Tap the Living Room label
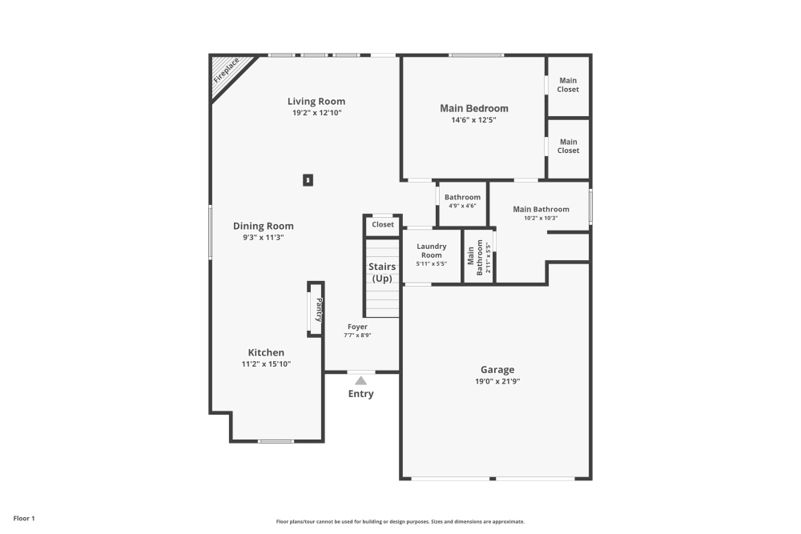(316, 101)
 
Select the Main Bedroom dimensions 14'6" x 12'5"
(473, 121)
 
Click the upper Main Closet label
(568, 85)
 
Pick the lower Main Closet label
(568, 146)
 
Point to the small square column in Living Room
(308, 180)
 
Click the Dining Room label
(264, 226)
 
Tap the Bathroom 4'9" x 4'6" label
(462, 197)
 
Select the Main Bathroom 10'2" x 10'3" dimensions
(541, 218)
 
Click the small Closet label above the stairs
(383, 224)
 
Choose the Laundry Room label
(431, 251)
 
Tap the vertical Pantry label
(319, 307)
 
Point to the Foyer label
(357, 326)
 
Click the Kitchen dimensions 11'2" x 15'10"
(266, 363)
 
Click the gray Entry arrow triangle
(361, 380)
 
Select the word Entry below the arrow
(360, 394)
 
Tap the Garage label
(497, 369)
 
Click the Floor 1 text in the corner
(24, 519)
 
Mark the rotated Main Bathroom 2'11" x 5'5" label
(479, 258)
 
